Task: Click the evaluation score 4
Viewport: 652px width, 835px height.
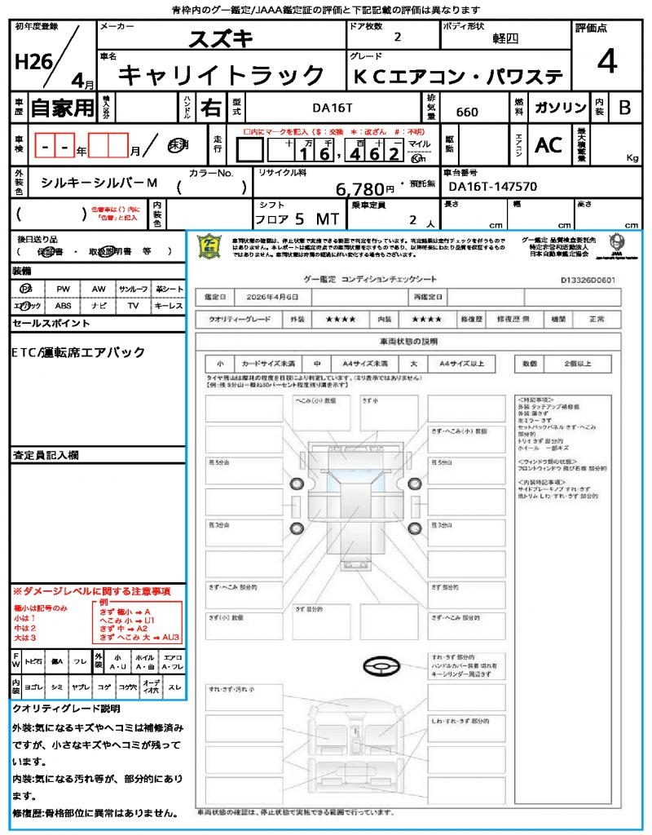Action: tap(606, 63)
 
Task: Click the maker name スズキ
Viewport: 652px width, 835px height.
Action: tap(221, 38)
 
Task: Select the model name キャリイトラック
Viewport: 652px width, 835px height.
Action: tap(222, 76)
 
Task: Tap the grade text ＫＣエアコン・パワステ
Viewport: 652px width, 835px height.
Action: tap(458, 77)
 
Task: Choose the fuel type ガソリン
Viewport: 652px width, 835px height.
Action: tap(561, 108)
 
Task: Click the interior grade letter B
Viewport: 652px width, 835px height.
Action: tap(624, 108)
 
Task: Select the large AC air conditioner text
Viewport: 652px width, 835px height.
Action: tap(548, 145)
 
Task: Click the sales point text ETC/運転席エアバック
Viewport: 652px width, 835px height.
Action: tap(79, 352)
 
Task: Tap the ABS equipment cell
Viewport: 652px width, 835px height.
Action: tap(63, 306)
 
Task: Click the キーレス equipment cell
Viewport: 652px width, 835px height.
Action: tap(168, 306)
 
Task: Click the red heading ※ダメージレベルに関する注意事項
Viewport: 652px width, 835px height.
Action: tap(91, 590)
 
